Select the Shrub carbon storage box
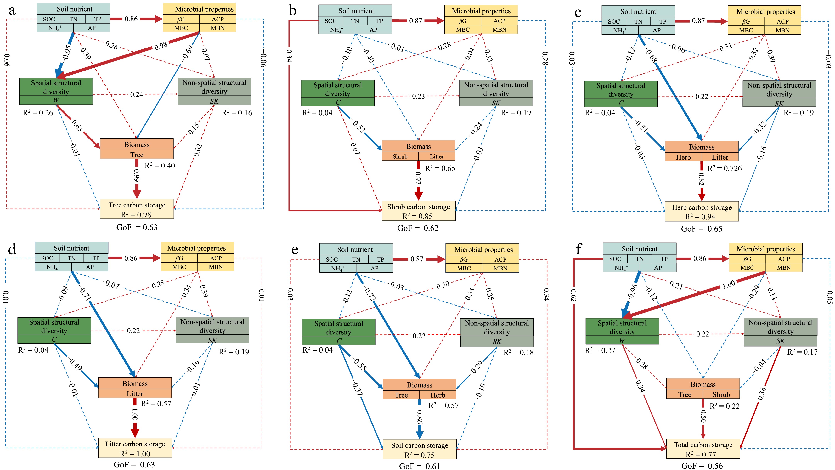point(419,211)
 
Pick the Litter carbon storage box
point(135,448)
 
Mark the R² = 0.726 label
point(725,168)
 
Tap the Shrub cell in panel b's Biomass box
point(400,156)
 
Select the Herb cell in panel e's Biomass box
point(438,395)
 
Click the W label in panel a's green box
point(56,100)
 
